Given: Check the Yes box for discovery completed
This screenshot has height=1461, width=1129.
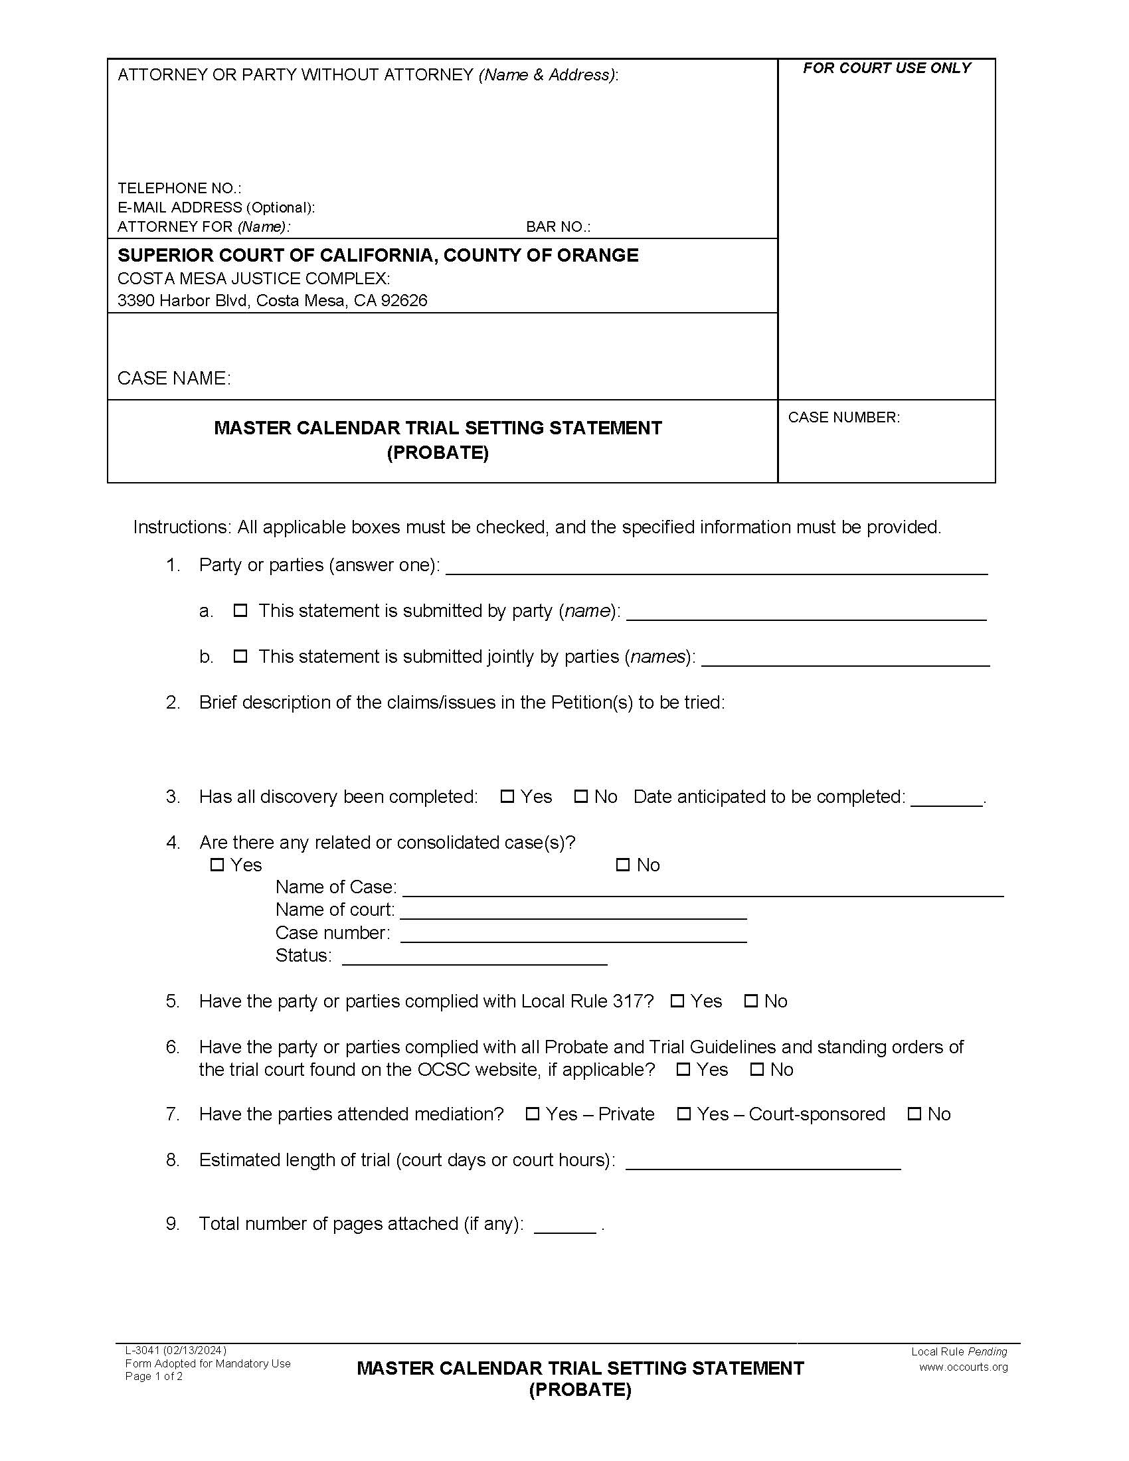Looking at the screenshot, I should tap(507, 796).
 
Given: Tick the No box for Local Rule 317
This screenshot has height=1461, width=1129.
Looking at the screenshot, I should tap(751, 1001).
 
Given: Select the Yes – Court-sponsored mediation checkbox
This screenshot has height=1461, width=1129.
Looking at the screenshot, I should tap(683, 1114).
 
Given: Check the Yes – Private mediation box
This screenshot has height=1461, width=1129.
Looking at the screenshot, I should tap(533, 1114).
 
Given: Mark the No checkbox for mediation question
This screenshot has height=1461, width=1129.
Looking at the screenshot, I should tap(914, 1114).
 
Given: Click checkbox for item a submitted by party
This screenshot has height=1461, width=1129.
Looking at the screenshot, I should tap(240, 610).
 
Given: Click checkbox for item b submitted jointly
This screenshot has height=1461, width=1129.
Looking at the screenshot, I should tap(240, 656).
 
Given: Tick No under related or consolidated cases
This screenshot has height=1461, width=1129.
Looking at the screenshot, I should tap(623, 865).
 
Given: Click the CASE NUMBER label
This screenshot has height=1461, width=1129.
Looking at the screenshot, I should tap(843, 418).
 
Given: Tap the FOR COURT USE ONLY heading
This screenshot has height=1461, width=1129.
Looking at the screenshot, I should tap(886, 68).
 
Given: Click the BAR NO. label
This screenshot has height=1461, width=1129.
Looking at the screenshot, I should tap(558, 226).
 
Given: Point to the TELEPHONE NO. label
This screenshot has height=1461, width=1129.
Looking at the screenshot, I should tap(179, 188).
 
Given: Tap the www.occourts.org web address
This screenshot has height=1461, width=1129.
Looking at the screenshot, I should tap(962, 1367).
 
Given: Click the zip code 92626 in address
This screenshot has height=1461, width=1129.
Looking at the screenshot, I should tap(404, 300).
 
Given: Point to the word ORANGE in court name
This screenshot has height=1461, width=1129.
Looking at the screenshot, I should tap(600, 255).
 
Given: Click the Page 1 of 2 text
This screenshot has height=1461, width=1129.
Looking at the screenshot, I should tap(154, 1376).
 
